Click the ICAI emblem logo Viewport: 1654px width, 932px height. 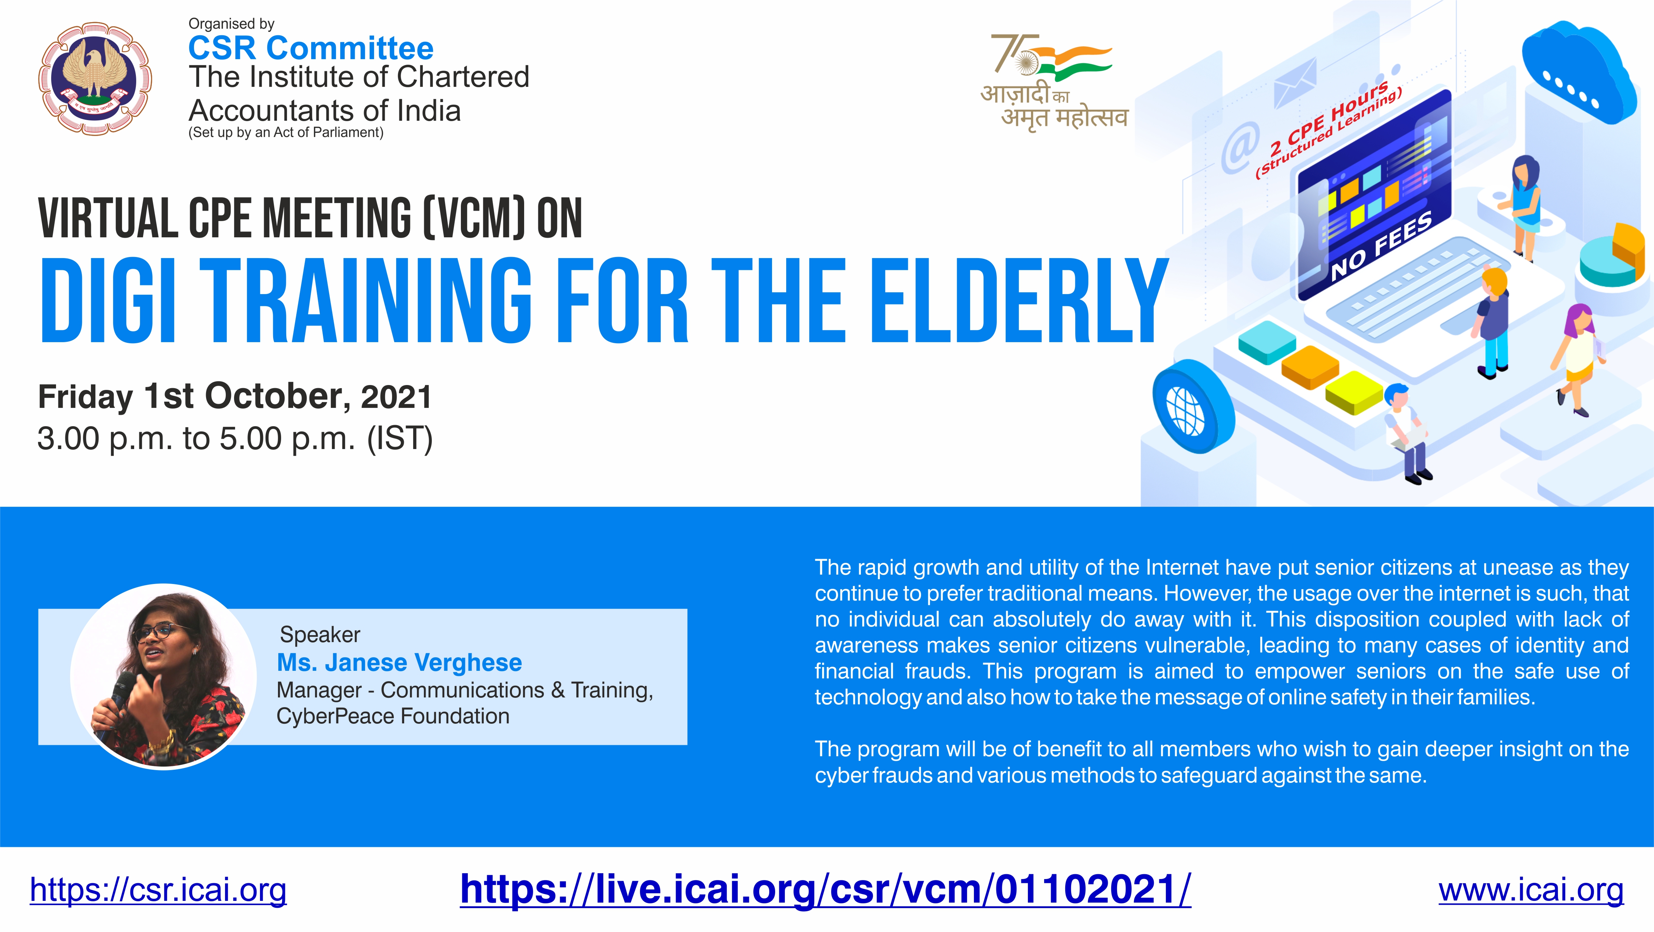pyautogui.click(x=95, y=79)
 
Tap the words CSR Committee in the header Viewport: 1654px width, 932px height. pyautogui.click(x=311, y=48)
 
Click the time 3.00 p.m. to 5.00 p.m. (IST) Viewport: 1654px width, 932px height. pyautogui.click(x=235, y=439)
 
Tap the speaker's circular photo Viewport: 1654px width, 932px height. pyautogui.click(x=164, y=676)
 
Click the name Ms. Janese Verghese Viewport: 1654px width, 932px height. pyautogui.click(x=399, y=662)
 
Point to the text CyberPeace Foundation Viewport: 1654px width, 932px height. pyautogui.click(x=393, y=716)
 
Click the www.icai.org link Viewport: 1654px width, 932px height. pyautogui.click(x=1531, y=890)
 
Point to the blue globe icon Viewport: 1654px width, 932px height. pyautogui.click(x=1193, y=406)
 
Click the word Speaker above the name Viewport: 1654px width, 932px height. pyautogui.click(x=320, y=634)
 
